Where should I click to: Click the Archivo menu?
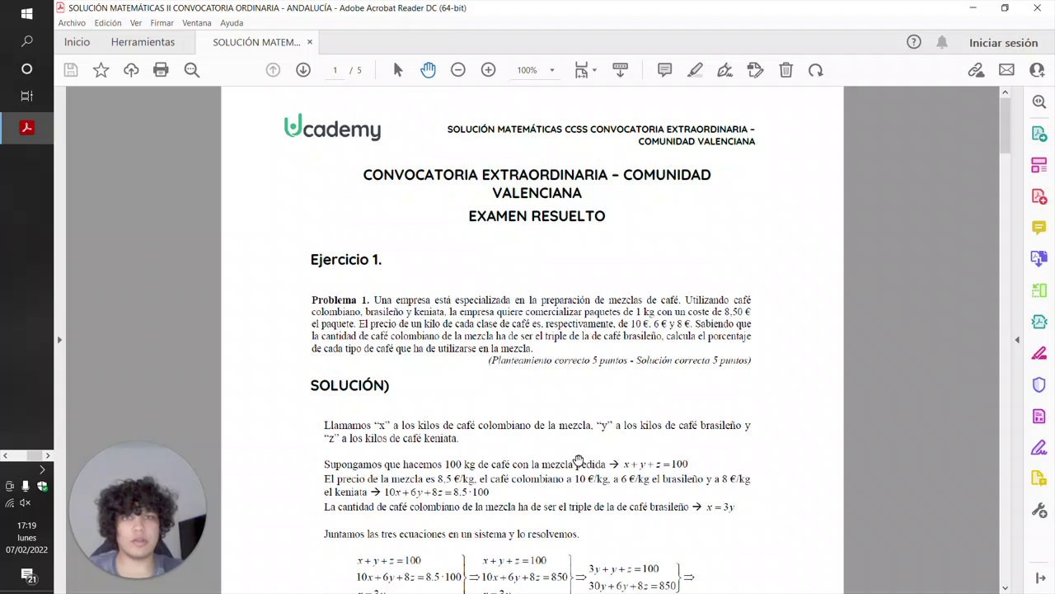click(72, 23)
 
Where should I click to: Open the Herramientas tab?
click(143, 42)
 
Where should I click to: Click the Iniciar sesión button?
click(1003, 43)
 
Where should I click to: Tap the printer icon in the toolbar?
click(161, 70)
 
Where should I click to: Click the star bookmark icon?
click(101, 70)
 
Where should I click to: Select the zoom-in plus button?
click(488, 70)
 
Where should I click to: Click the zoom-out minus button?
click(458, 70)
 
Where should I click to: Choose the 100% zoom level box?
click(527, 71)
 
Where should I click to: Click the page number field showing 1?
click(335, 71)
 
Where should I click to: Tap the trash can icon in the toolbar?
click(785, 70)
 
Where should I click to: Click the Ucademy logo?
click(332, 128)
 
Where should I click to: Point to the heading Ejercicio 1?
click(345, 260)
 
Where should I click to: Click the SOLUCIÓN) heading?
click(349, 385)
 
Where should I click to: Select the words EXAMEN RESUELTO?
click(537, 216)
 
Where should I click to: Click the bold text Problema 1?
click(340, 300)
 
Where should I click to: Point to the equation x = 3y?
click(720, 507)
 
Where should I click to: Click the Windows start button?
click(26, 14)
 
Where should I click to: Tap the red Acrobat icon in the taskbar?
click(26, 128)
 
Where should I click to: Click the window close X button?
click(1037, 8)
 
